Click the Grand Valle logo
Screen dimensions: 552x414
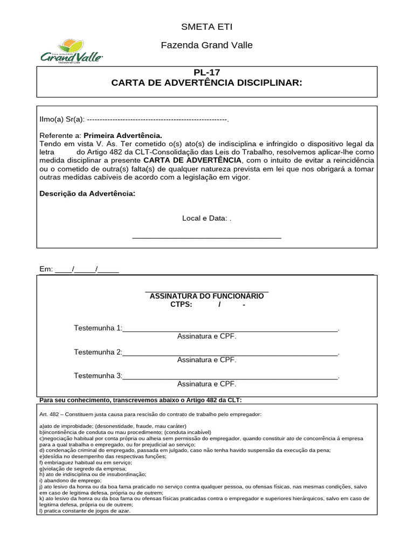pos(72,52)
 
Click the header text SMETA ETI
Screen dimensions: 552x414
pos(206,27)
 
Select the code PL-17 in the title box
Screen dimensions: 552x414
pos(206,73)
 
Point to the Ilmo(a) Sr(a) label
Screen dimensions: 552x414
pos(63,119)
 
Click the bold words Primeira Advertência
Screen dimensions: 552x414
pos(122,136)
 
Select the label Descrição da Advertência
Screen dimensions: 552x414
pos(87,194)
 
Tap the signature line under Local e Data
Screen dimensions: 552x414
pos(206,237)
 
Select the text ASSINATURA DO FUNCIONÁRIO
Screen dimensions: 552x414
pos(206,296)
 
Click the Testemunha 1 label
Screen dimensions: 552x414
pos(98,328)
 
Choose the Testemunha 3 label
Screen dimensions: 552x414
pos(98,376)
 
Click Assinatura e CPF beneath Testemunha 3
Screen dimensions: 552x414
pos(206,384)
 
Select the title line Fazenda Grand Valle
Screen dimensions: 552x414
pos(206,45)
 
